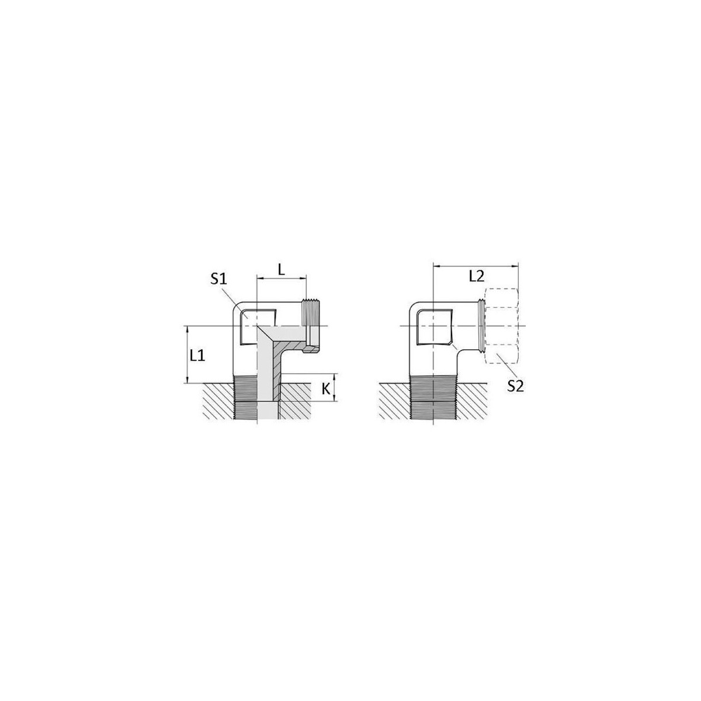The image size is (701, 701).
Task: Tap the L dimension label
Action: tap(281, 269)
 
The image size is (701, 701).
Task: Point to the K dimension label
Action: tap(326, 389)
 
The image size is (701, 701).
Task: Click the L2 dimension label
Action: tap(476, 276)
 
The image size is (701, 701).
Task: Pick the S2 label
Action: tap(515, 386)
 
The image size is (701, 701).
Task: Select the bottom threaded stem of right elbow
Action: tap(433, 398)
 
